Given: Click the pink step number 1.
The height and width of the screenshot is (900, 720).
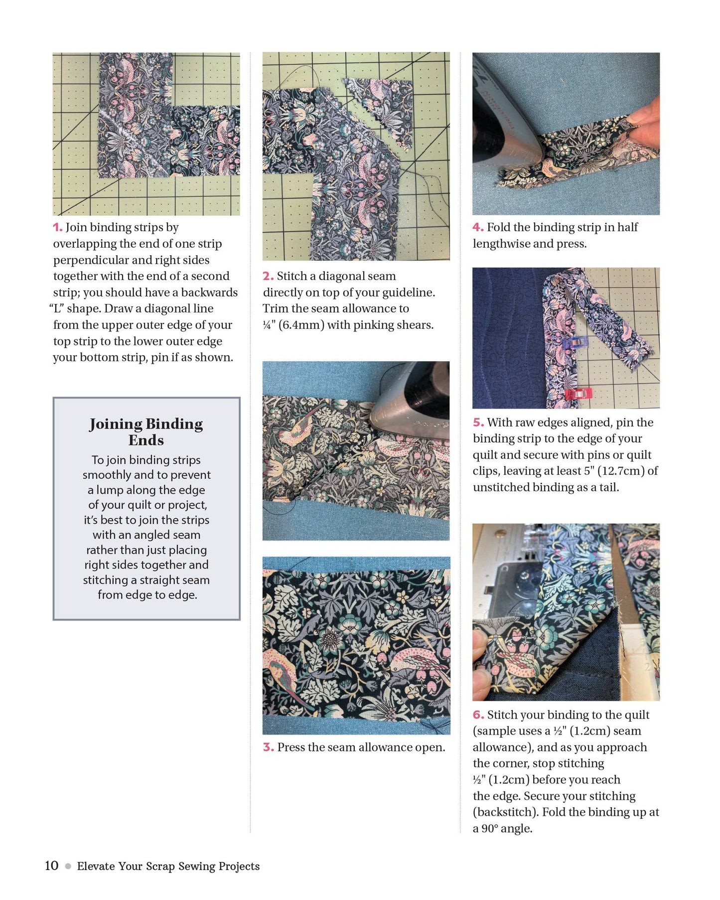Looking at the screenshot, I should (x=57, y=228).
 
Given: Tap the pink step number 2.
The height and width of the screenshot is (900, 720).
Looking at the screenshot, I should (x=268, y=277).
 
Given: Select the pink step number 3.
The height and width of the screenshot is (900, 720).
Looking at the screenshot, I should (x=268, y=748).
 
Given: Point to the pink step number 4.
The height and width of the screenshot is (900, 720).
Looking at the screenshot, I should (x=477, y=228).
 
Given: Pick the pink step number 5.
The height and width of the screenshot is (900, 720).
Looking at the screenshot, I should (x=478, y=423).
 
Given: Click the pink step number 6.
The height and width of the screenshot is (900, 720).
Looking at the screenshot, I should (x=478, y=715).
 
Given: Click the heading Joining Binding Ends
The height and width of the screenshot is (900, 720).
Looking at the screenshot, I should (x=146, y=432).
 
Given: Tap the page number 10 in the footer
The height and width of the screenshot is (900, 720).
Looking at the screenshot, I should (x=51, y=866).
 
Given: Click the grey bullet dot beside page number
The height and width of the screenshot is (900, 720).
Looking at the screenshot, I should (x=68, y=866).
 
